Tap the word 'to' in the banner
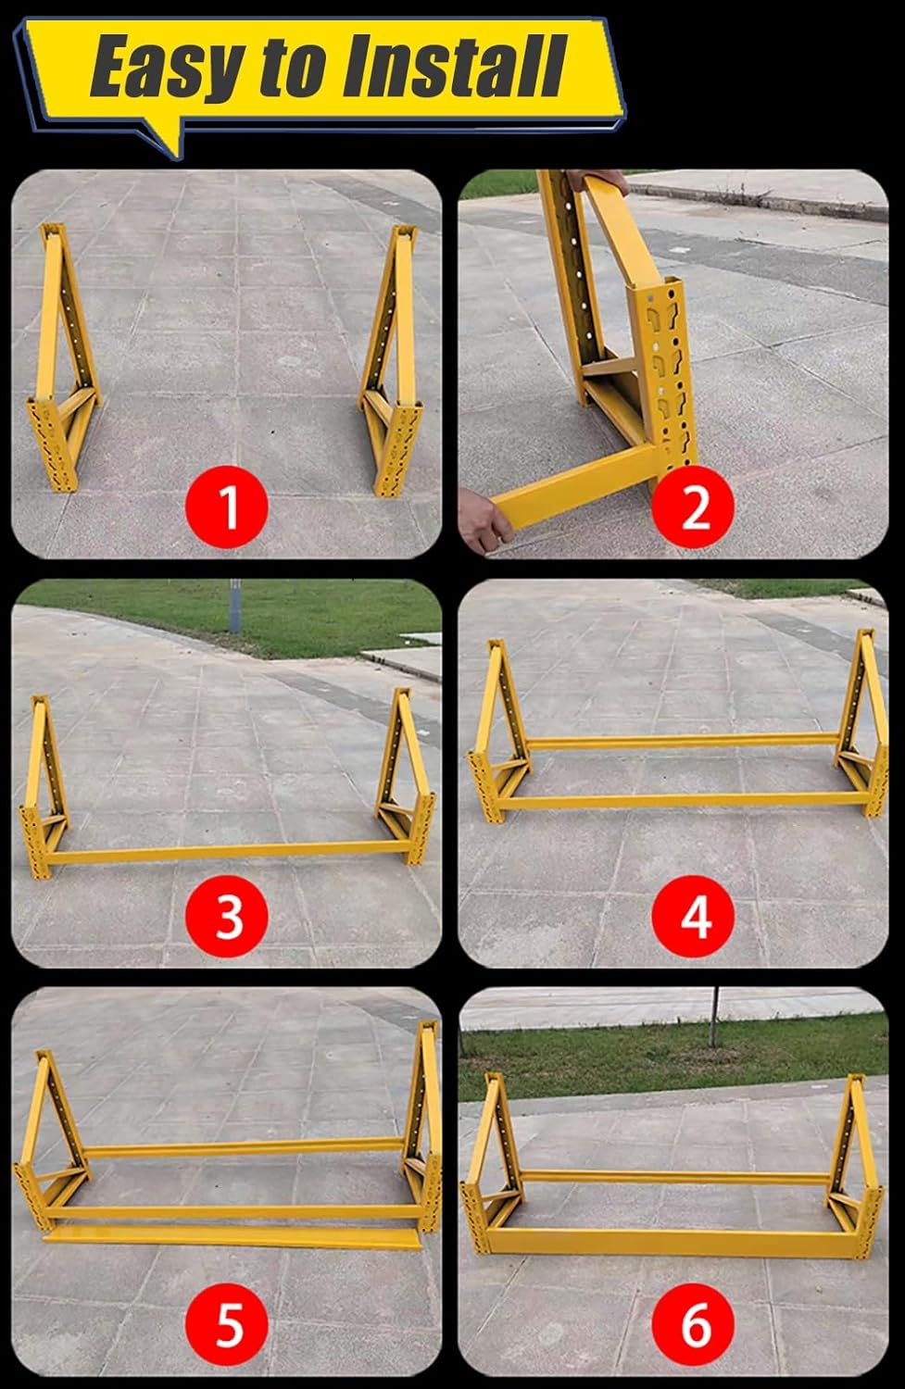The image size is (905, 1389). click(295, 69)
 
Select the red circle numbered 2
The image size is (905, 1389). click(696, 507)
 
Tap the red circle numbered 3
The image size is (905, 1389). click(229, 916)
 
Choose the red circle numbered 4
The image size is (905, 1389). click(696, 916)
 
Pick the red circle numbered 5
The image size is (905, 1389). click(229, 1323)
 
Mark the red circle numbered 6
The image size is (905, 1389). click(696, 1323)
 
